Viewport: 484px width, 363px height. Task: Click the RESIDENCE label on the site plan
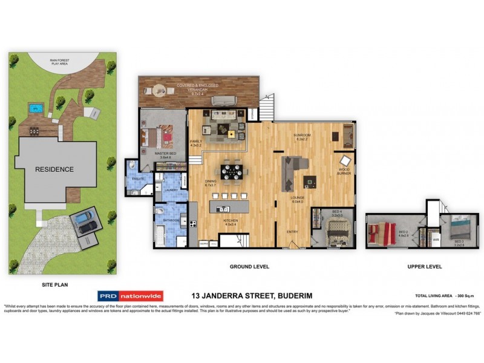54,169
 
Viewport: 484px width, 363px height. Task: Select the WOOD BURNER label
344,172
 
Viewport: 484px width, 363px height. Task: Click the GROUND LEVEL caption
249,266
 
